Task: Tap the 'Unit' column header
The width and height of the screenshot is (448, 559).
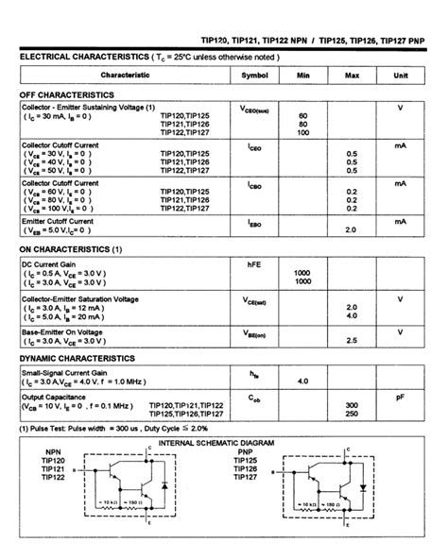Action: coord(400,75)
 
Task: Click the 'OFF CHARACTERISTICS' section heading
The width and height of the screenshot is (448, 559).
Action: coord(67,95)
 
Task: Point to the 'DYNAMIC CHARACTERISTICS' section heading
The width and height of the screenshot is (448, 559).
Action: coord(78,360)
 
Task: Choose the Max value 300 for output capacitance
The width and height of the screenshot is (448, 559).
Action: coord(352,405)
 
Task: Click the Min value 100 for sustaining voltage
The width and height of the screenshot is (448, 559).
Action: coord(302,132)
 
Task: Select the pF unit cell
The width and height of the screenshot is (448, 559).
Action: coord(400,398)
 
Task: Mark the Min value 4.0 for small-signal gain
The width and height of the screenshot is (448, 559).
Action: coord(302,381)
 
